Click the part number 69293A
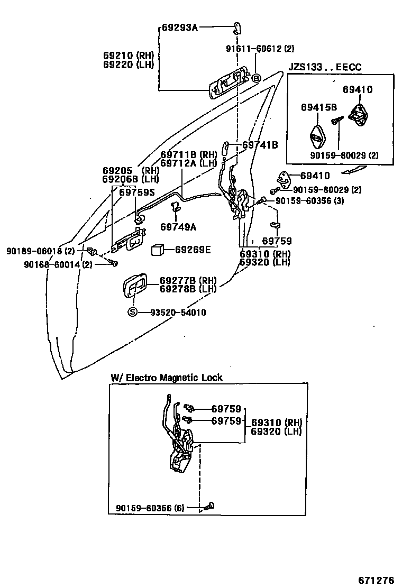[x=179, y=27]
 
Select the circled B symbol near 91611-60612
[x=256, y=78]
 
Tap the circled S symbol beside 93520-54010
[x=132, y=313]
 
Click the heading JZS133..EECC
[x=325, y=67]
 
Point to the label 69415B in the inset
[x=319, y=107]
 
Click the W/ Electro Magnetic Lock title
[x=167, y=378]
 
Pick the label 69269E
[x=193, y=249]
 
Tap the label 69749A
[x=178, y=227]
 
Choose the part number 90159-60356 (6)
[x=150, y=508]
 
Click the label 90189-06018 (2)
[x=41, y=251]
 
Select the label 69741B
[x=260, y=144]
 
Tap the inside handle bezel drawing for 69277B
[x=136, y=289]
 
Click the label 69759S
[x=136, y=192]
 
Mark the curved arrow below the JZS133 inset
[x=353, y=170]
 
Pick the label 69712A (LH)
[x=188, y=163]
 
